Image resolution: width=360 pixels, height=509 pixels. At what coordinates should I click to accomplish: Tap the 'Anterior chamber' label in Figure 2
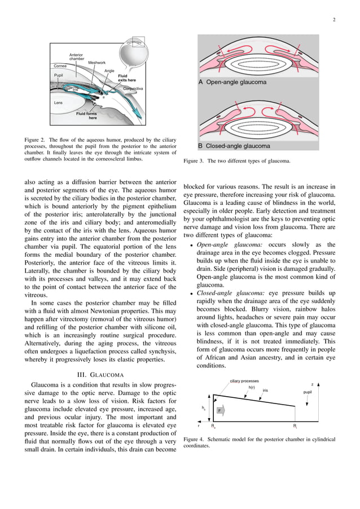pos(76,56)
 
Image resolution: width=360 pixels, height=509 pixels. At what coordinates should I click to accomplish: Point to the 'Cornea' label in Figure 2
pos(60,66)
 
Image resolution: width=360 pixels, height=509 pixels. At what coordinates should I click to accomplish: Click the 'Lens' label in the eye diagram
pos(58,103)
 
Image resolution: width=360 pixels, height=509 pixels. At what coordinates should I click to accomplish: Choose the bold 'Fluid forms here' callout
pos(87,116)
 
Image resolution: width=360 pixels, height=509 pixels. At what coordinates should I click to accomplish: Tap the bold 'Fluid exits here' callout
pos(126,78)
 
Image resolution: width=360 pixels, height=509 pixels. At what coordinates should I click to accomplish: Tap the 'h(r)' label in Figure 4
pos(252,388)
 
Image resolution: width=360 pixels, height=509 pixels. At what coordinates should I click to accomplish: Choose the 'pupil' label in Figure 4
pos(308,391)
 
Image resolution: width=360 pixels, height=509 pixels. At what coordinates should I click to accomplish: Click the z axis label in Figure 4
pos(312,384)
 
